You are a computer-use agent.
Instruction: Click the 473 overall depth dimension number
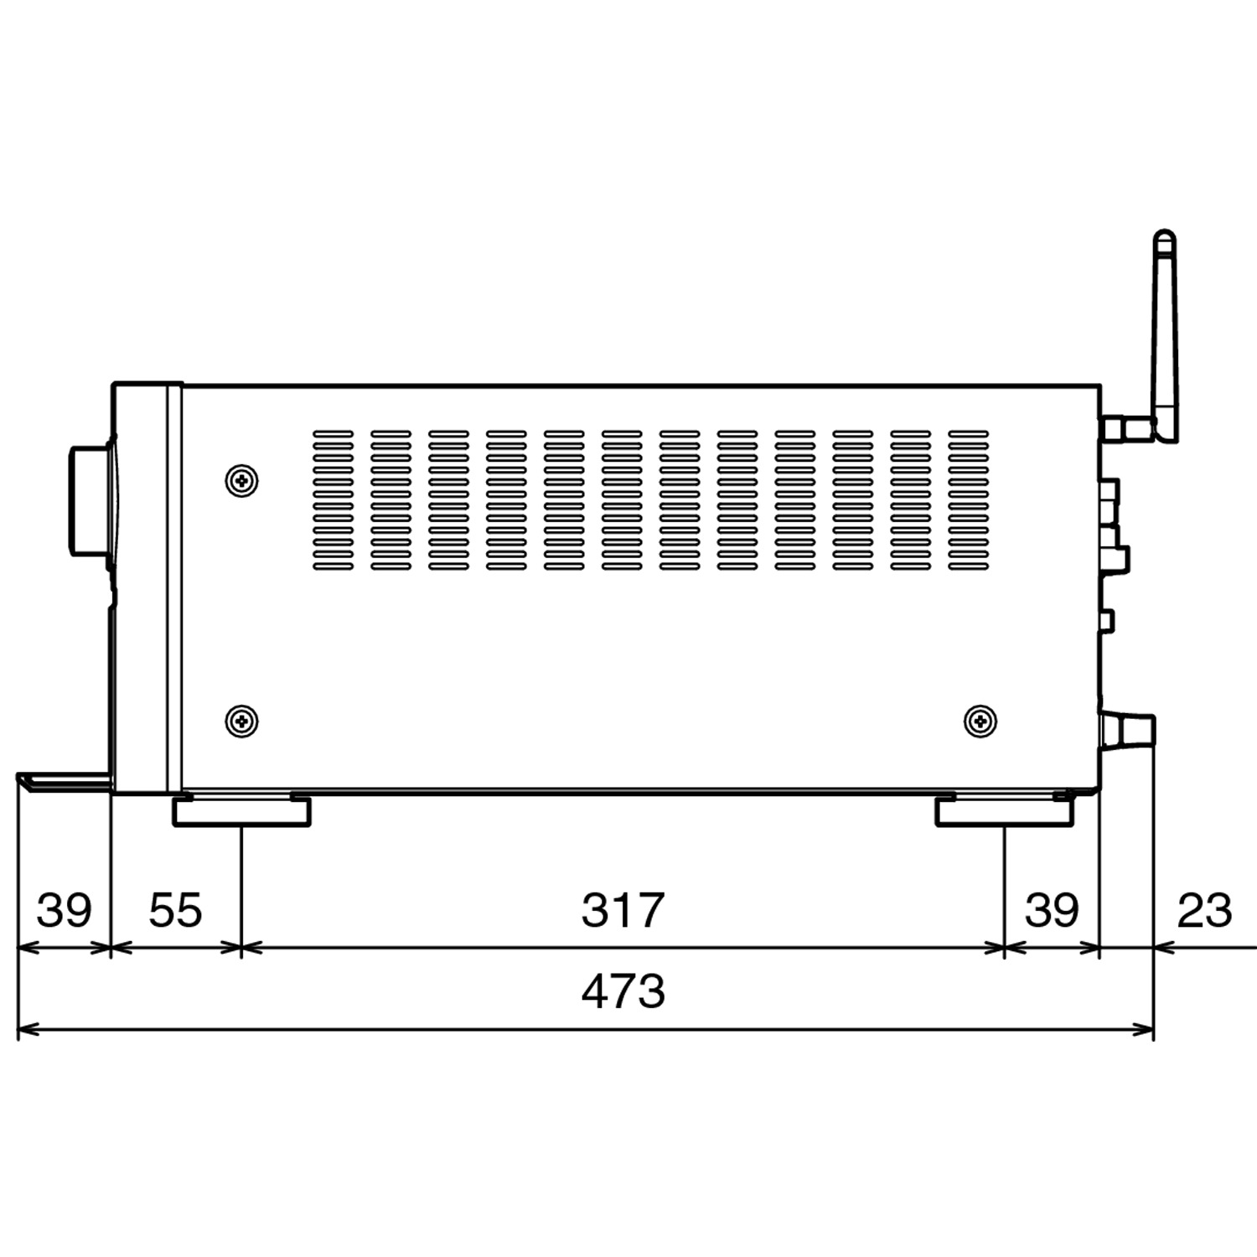pyautogui.click(x=623, y=991)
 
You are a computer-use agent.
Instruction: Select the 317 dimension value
pyautogui.click(x=623, y=910)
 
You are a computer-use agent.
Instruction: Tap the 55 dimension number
pyautogui.click(x=176, y=910)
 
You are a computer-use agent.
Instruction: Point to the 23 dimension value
pyautogui.click(x=1205, y=910)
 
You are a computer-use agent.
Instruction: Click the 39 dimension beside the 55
pyautogui.click(x=64, y=910)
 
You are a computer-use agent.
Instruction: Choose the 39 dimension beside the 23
pyautogui.click(x=1052, y=910)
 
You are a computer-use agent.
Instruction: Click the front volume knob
pyautogui.click(x=91, y=500)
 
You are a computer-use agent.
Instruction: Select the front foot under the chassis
pyautogui.click(x=241, y=811)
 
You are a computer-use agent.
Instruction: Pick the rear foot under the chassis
pyautogui.click(x=1004, y=811)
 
